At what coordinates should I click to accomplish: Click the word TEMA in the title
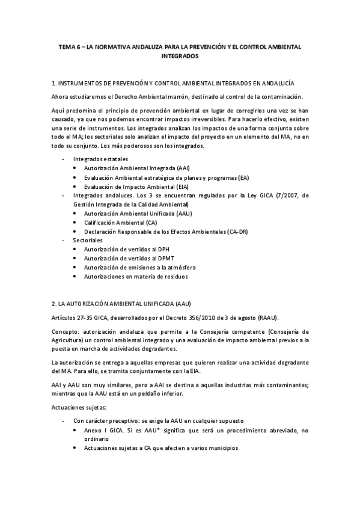[x=66, y=46]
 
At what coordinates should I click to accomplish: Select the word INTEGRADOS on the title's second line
[x=180, y=55]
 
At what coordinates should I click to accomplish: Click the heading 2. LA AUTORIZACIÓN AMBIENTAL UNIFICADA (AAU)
[x=122, y=303]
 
